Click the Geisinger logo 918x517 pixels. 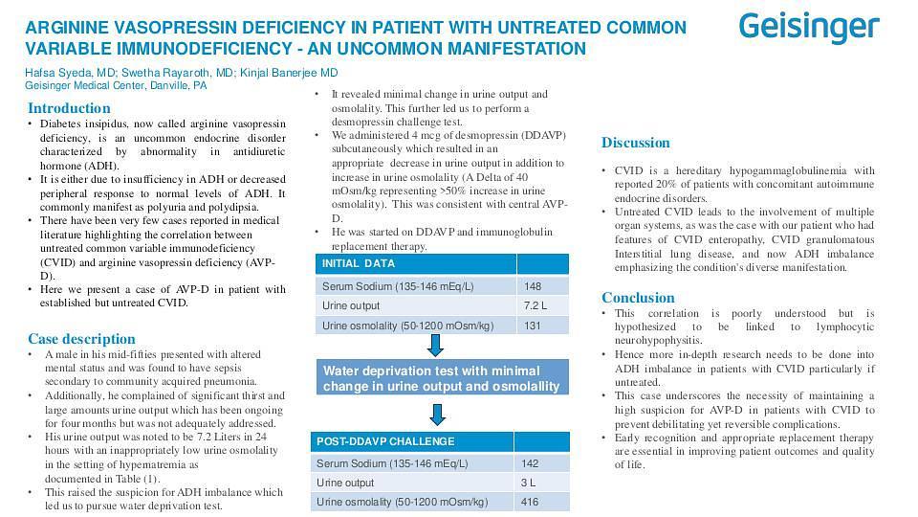coord(809,27)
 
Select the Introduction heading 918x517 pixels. coord(69,108)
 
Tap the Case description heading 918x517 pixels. coord(81,339)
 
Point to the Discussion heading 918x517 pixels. coord(635,143)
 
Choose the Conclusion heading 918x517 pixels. coord(638,298)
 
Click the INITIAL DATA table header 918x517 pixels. coord(359,263)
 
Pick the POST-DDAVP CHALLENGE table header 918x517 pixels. coord(372,441)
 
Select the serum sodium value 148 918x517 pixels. coord(533,285)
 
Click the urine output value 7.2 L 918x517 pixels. coord(535,305)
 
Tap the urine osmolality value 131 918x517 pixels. coord(533,326)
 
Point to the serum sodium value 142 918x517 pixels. coord(529,463)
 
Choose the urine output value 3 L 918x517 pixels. coord(528,483)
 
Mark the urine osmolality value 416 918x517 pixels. coord(529,502)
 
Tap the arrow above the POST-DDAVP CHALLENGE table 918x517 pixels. coord(437,414)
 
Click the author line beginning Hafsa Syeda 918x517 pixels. coord(181,73)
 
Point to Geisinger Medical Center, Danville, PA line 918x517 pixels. coord(116,85)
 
